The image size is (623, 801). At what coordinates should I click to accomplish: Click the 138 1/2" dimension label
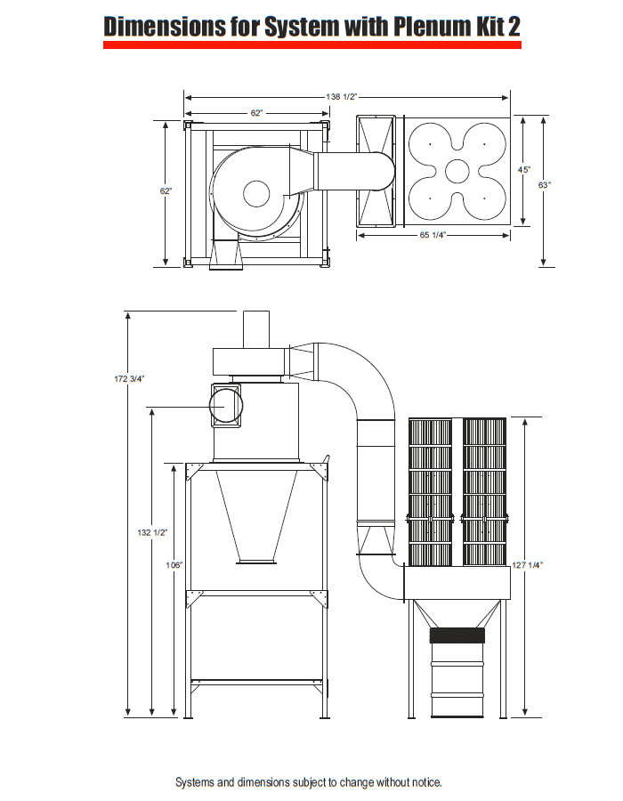(x=342, y=96)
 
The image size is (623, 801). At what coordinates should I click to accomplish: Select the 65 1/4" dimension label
(x=433, y=235)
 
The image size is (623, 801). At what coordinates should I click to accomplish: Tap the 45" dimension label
(x=524, y=170)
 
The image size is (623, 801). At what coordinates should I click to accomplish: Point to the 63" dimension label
(x=545, y=185)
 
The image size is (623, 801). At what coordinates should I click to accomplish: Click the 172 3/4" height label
(x=129, y=378)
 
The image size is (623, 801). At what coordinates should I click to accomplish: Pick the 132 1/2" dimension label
(x=152, y=532)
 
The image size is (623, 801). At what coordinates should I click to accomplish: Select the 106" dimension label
(x=174, y=565)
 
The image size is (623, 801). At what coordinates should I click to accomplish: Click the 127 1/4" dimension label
(x=528, y=565)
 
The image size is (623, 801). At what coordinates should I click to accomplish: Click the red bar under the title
(x=312, y=45)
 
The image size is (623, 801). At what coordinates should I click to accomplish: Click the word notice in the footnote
(x=426, y=782)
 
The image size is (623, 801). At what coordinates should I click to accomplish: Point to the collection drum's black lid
(x=457, y=635)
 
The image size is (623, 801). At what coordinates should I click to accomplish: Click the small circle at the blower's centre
(x=256, y=194)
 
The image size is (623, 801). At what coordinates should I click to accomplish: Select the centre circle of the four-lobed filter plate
(x=457, y=171)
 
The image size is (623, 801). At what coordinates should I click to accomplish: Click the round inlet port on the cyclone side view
(x=226, y=407)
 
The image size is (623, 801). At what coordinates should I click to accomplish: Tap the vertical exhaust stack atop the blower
(x=255, y=329)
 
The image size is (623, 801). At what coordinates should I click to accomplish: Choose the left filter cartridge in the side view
(x=431, y=492)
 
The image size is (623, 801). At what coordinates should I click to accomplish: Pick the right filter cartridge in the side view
(x=484, y=492)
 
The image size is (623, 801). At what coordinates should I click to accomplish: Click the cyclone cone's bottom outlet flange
(x=255, y=562)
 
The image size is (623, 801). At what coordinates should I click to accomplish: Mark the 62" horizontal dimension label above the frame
(x=256, y=113)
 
